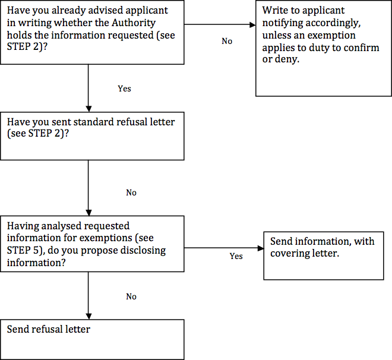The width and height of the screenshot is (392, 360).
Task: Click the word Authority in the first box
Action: point(134,23)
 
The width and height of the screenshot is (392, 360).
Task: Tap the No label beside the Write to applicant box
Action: point(227,41)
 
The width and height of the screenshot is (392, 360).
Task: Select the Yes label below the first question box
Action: point(125,89)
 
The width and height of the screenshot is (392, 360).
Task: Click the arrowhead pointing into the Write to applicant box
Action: point(252,24)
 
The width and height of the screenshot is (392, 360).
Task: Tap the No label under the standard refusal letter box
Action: point(131,192)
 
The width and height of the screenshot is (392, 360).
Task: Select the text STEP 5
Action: point(23,250)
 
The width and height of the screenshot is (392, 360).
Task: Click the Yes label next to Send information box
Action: point(236,256)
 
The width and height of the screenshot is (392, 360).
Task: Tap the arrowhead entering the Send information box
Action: point(261,248)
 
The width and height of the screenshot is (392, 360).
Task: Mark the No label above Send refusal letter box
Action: point(131,296)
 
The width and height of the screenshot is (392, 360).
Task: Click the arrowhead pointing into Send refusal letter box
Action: point(88,316)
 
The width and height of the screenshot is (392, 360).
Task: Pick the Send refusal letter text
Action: point(49,329)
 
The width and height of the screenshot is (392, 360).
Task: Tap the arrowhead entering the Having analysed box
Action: point(88,213)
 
